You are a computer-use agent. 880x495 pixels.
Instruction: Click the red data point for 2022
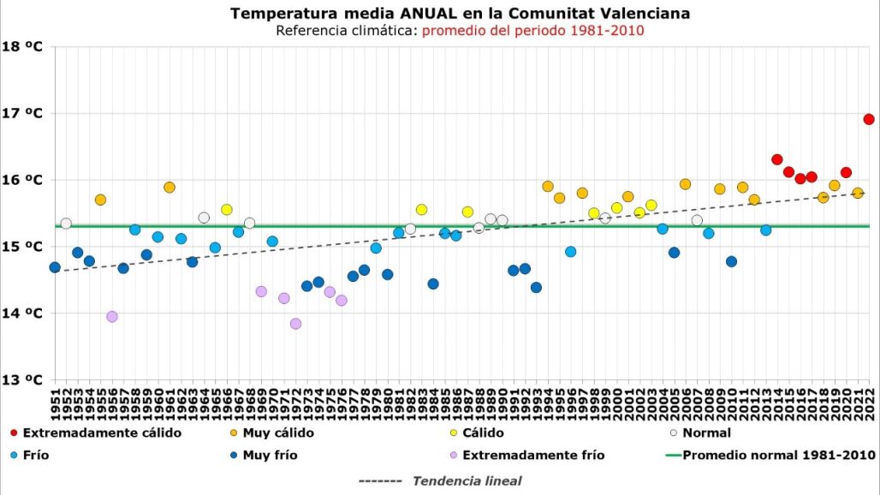(x=869, y=119)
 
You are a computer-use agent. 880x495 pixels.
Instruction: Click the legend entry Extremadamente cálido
(x=101, y=432)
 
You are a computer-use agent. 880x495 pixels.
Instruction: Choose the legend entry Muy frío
(x=270, y=455)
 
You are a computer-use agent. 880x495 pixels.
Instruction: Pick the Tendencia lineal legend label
(x=467, y=480)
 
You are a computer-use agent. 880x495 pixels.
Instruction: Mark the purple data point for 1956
(x=112, y=316)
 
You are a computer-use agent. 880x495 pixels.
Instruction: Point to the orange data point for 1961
(x=169, y=187)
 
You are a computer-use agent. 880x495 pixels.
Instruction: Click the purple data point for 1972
(x=295, y=324)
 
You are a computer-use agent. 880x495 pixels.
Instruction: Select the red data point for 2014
(x=777, y=159)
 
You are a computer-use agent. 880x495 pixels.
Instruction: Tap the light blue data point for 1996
(x=571, y=251)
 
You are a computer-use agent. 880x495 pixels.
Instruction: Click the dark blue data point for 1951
(x=55, y=267)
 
